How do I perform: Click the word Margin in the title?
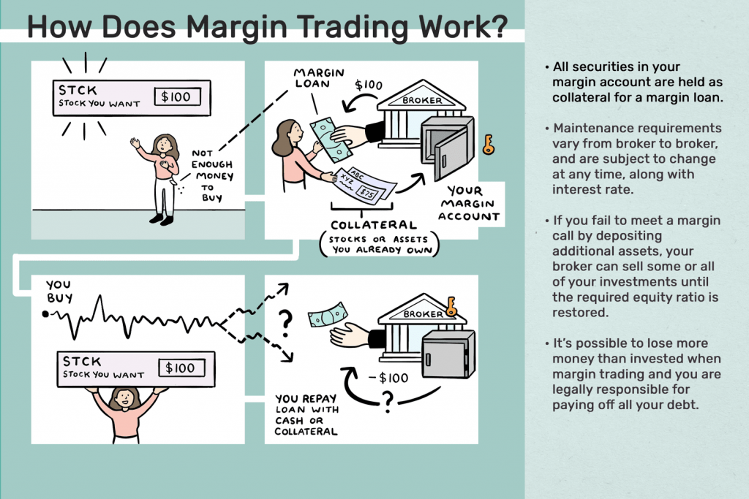pos(236,28)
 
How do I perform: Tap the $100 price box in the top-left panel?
pos(177,97)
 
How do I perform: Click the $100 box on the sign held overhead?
pos(181,367)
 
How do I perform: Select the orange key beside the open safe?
pos(488,145)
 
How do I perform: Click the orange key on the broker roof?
pos(451,306)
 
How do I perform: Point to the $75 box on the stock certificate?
pos(369,193)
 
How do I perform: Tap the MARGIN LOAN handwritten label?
pos(319,78)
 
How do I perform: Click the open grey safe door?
pos(450,154)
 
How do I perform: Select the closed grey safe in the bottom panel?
pos(448,354)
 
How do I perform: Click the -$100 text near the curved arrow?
pos(388,378)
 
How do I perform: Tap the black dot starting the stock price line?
pos(45,314)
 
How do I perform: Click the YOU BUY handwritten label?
pos(59,292)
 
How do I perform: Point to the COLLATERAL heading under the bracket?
pos(374,225)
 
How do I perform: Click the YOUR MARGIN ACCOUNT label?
pos(469,204)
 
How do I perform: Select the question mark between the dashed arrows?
pos(286,324)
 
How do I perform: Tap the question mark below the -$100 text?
pos(388,402)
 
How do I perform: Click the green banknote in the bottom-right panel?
pos(328,314)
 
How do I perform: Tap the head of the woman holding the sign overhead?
pos(124,398)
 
